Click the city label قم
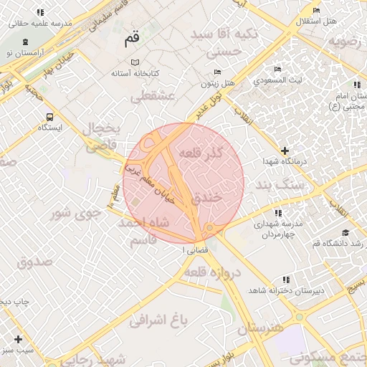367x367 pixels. pyautogui.click(x=131, y=41)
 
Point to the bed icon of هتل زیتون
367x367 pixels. pyautogui.click(x=218, y=72)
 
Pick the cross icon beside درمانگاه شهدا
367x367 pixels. pyautogui.click(x=285, y=151)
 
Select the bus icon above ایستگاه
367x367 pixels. pyautogui.click(x=49, y=117)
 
